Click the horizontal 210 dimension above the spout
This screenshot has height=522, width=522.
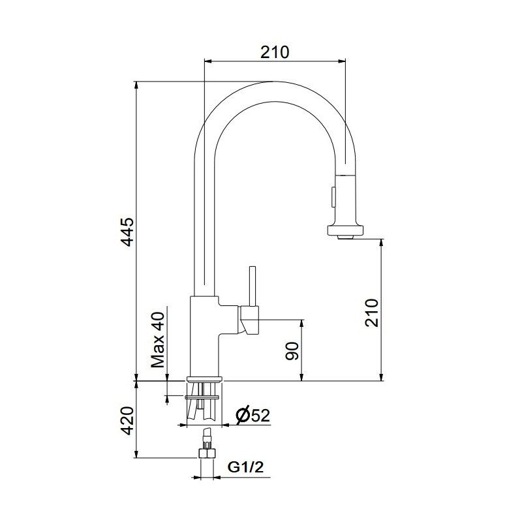pos(275,52)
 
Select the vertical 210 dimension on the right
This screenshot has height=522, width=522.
pos(371,313)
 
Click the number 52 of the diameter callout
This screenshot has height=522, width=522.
pos(260,415)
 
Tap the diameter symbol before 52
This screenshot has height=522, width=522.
pos(241,415)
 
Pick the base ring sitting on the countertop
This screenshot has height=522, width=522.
pos(205,379)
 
